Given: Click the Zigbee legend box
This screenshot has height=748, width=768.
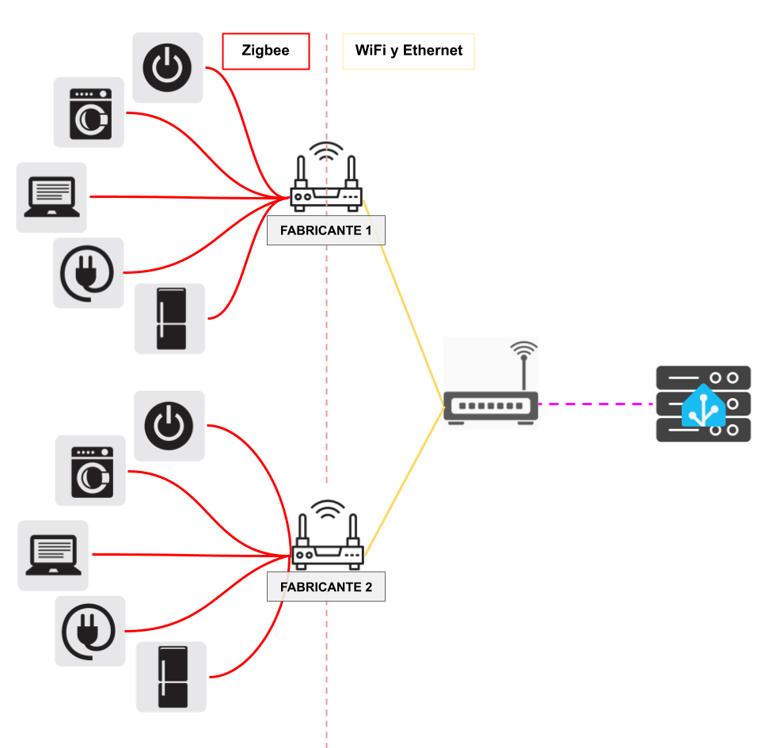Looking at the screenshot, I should [x=265, y=51].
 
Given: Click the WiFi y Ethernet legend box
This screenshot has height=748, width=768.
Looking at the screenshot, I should [x=409, y=51].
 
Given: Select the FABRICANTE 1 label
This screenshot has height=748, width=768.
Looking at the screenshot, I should [x=325, y=230].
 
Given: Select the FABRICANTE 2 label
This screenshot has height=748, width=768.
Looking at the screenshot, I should [x=325, y=587].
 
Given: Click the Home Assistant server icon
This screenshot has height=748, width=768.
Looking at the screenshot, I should [x=703, y=404].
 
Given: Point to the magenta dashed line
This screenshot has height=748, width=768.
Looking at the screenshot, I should [x=597, y=404].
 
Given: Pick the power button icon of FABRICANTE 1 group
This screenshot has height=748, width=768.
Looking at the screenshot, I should [x=167, y=67].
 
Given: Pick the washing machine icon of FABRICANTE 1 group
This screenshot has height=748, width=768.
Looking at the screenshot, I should [x=89, y=112].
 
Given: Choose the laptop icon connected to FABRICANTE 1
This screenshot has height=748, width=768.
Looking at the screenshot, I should [x=51, y=197].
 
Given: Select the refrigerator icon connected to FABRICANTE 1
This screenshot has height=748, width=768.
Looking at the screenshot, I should [x=170, y=318].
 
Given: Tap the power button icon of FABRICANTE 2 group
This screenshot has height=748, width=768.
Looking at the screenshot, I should [x=169, y=426].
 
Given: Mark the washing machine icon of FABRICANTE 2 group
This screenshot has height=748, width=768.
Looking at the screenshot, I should [x=90, y=471].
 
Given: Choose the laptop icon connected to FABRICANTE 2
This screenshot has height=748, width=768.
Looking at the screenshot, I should [x=53, y=555].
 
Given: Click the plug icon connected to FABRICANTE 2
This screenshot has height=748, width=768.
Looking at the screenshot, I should [x=89, y=631].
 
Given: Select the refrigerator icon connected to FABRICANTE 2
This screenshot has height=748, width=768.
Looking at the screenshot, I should [x=172, y=677].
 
